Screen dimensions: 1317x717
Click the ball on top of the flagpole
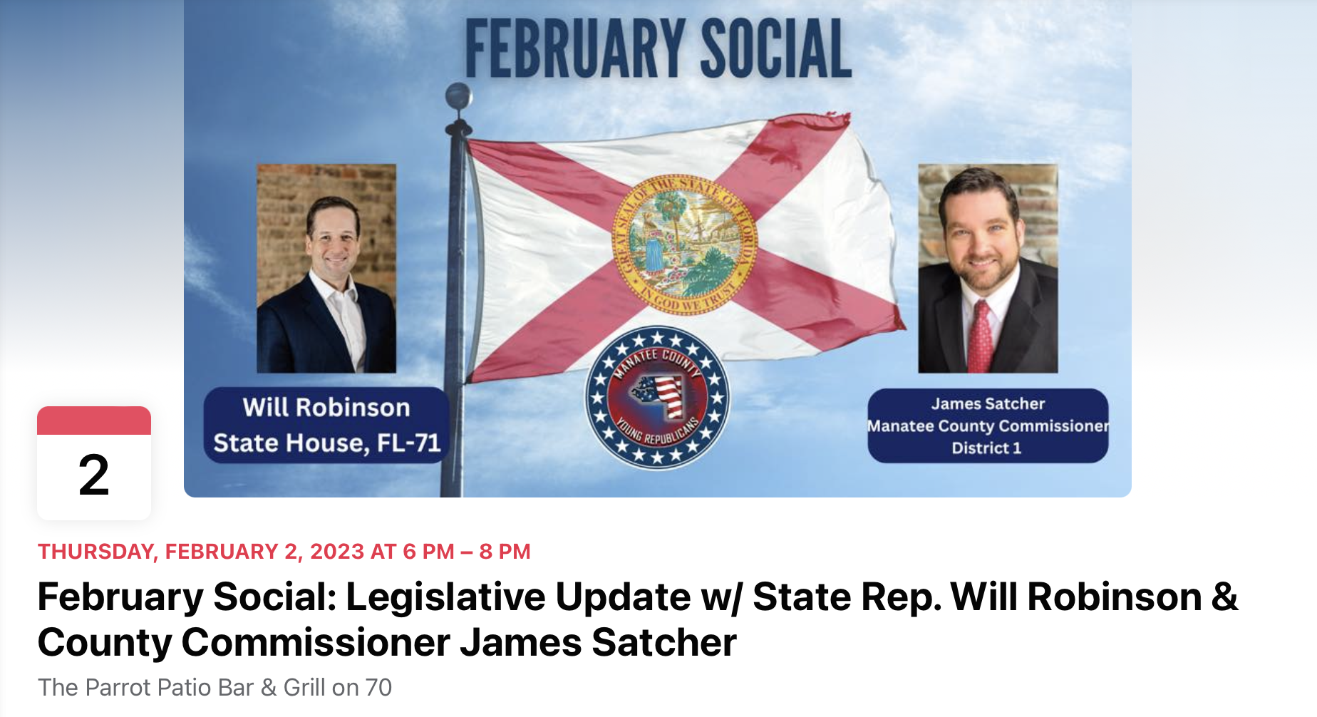458,96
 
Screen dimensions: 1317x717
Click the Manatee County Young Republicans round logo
657,398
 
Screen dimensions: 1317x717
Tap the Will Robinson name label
326,407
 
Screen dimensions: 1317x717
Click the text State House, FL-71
327,443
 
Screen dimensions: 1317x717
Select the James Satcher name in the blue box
988,403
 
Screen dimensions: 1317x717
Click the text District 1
986,448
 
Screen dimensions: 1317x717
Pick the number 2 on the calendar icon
94,475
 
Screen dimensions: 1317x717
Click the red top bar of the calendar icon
94,421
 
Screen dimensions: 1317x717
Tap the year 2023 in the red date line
337,552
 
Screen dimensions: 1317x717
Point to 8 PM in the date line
505,552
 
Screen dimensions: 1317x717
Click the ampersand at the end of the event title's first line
1224,597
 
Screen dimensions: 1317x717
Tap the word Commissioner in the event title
315,642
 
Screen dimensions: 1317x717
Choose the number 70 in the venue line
378,687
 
